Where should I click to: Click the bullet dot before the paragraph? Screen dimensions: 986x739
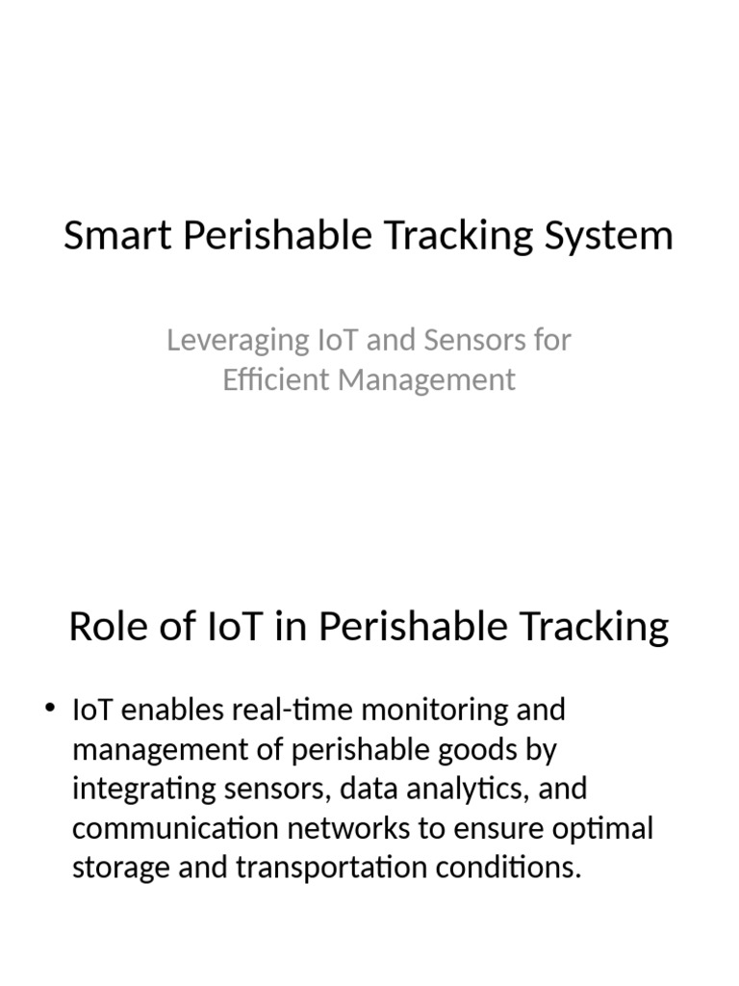[x=51, y=711]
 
